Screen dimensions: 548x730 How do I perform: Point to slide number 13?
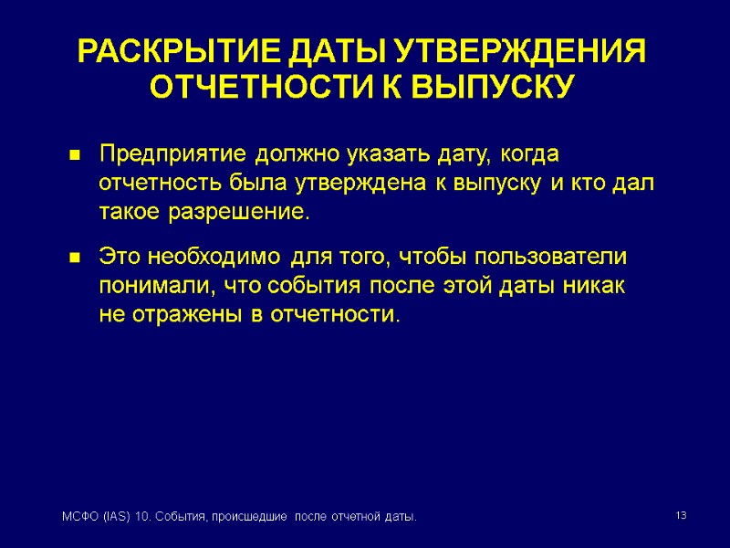(x=680, y=517)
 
